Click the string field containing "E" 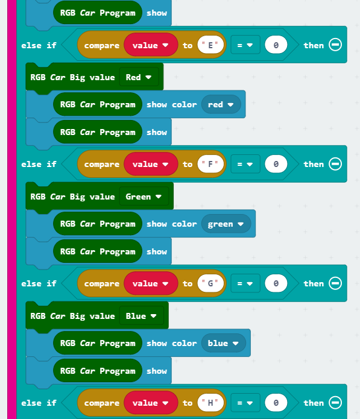pyautogui.click(x=210, y=45)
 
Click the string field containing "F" pyautogui.click(x=210, y=164)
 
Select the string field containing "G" pyautogui.click(x=210, y=283)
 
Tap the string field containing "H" pyautogui.click(x=210, y=403)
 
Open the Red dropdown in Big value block pyautogui.click(x=139, y=77)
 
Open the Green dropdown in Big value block pyautogui.click(x=144, y=197)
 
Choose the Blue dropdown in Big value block pyautogui.click(x=141, y=316)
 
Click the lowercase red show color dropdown pyautogui.click(x=221, y=104)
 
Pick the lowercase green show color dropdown pyautogui.click(x=226, y=224)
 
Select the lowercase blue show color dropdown pyautogui.click(x=224, y=343)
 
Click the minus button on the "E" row pyautogui.click(x=335, y=45)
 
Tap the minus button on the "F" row pyautogui.click(x=335, y=163)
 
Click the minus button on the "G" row pyautogui.click(x=335, y=283)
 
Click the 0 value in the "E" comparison pyautogui.click(x=276, y=45)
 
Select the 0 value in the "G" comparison pyautogui.click(x=276, y=283)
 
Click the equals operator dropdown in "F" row pyautogui.click(x=245, y=164)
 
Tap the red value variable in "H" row pyautogui.click(x=151, y=403)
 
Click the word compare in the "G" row pyautogui.click(x=102, y=283)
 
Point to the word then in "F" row pyautogui.click(x=314, y=164)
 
